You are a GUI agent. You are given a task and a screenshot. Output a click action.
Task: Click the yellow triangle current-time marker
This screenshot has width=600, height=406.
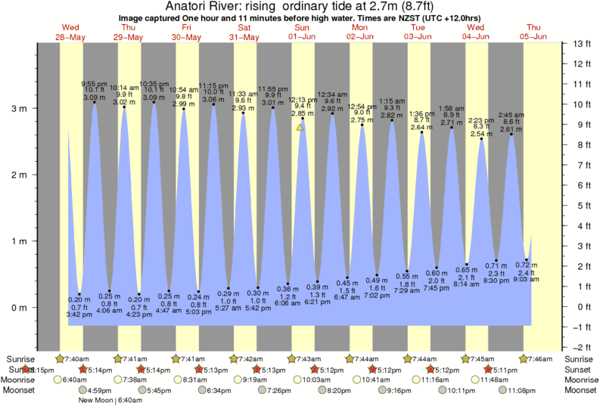(x=300, y=128)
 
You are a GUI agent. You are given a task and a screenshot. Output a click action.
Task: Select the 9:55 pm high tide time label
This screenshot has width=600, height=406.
(x=94, y=84)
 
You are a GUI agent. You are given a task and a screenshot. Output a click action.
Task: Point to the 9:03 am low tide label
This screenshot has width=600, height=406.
(x=527, y=279)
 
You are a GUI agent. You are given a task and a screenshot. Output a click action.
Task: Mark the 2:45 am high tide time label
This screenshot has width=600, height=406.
(x=511, y=116)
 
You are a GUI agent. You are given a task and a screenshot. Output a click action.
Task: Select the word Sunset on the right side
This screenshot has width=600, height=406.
(x=578, y=369)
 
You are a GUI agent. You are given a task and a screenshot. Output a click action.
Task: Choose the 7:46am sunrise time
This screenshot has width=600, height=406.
(x=541, y=358)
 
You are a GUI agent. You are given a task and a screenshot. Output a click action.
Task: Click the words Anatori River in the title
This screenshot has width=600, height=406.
(x=196, y=7)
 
